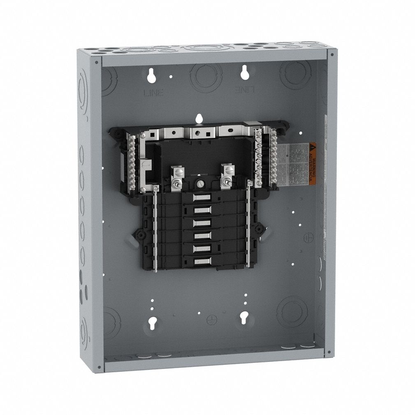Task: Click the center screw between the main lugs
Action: click(200, 184)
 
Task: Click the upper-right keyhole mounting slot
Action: click(245, 73)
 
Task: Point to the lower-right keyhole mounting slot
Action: click(244, 317)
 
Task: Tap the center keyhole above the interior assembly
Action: click(199, 118)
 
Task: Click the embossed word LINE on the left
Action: click(153, 93)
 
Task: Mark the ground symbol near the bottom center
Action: click(211, 319)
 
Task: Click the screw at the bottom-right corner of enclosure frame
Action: click(328, 352)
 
